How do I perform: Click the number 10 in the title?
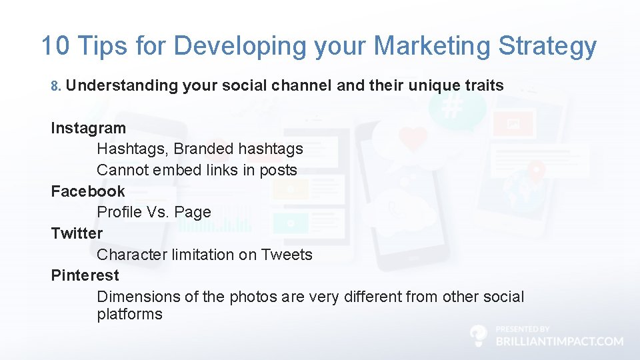click(55, 46)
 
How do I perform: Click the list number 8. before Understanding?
click(56, 86)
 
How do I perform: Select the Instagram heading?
click(88, 127)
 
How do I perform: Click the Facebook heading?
click(87, 191)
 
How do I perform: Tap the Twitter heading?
click(77, 233)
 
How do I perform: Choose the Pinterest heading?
click(85, 275)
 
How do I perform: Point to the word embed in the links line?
click(175, 170)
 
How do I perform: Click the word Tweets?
click(286, 254)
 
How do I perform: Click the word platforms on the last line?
click(129, 314)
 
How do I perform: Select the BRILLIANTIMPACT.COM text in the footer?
click(559, 341)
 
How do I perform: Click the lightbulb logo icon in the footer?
click(479, 335)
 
